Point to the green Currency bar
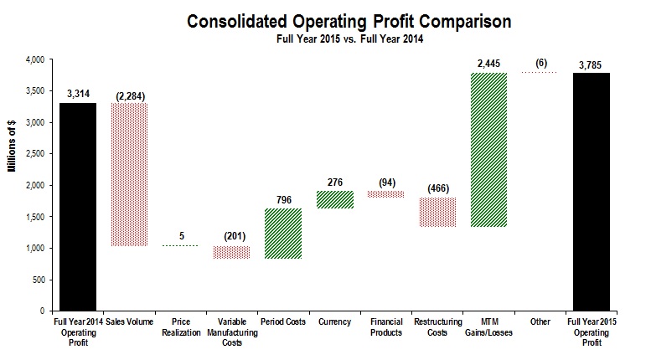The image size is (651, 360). click(335, 198)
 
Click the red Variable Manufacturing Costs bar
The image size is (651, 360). click(231, 253)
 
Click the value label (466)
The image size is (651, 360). click(438, 188)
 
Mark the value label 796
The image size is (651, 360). click(283, 198)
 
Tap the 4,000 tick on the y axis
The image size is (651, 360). click(34, 60)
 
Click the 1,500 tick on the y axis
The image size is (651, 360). click(34, 217)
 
